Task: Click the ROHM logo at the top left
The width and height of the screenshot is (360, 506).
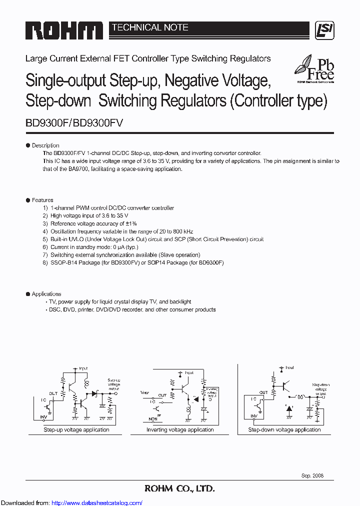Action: pos(64,30)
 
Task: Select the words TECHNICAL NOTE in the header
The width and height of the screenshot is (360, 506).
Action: pos(150,27)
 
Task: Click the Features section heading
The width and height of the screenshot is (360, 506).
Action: pos(42,200)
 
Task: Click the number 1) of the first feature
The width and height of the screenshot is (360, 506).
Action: pos(45,208)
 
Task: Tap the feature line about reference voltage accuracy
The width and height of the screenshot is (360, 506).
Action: pos(93,223)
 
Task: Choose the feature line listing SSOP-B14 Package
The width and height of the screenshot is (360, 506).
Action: pos(136,262)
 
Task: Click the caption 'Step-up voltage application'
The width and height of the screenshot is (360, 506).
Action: pos(76,430)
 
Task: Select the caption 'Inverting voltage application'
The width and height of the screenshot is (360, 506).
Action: pos(180,430)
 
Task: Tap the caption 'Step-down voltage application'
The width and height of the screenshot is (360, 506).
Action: pos(284,430)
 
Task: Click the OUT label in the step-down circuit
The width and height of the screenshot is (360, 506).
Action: pos(263,392)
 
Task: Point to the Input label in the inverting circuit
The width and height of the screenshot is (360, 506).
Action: pos(189,372)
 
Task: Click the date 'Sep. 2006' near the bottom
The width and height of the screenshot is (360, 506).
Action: pos(312,475)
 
